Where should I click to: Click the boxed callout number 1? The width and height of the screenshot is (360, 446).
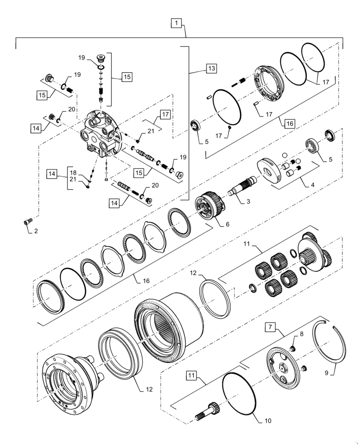click(x=177, y=23)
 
